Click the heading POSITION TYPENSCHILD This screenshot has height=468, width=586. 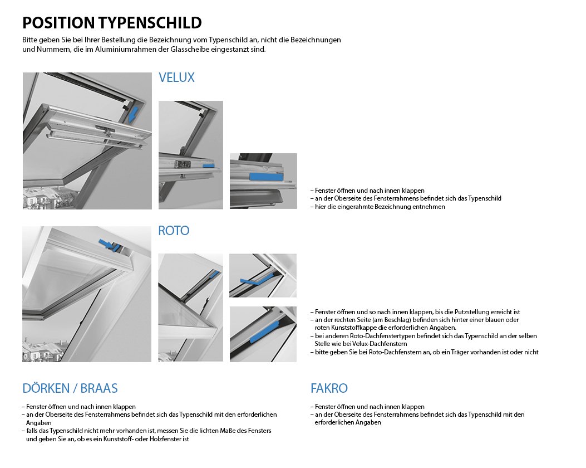pyautogui.click(x=112, y=23)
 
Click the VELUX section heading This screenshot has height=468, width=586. pyautogui.click(x=176, y=77)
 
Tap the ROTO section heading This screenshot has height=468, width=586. pyautogui.click(x=174, y=231)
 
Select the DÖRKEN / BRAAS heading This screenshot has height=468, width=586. pyautogui.click(x=70, y=388)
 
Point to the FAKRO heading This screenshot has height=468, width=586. pyautogui.click(x=329, y=388)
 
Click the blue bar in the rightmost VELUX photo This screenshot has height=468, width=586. pyautogui.click(x=265, y=176)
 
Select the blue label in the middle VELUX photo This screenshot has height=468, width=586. pyautogui.click(x=209, y=165)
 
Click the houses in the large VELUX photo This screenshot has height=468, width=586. pyautogui.click(x=47, y=198)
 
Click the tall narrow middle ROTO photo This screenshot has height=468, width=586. pyautogui.click(x=190, y=308)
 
